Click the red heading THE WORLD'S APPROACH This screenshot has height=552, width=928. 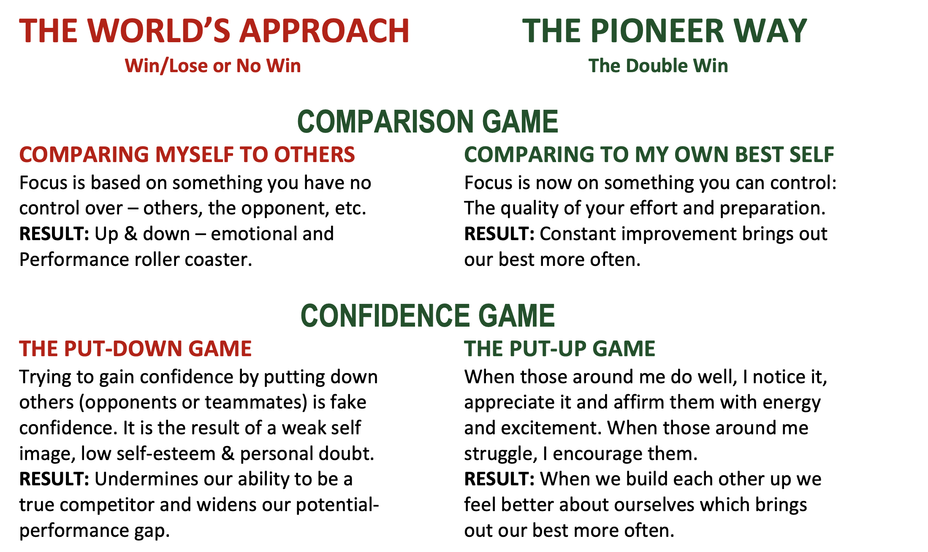pos(214,31)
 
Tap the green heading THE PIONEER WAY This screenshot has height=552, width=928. pos(665,31)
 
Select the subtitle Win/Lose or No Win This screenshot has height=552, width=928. pos(213,66)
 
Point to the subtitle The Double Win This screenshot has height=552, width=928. pos(658,66)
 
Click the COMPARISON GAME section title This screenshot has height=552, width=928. pos(428,122)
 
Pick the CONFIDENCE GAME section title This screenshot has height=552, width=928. pos(428,316)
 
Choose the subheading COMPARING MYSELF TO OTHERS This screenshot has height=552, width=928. pos(187,154)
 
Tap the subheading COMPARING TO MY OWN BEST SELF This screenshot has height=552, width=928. pos(649,154)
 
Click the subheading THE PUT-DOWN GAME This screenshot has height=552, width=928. pos(136,349)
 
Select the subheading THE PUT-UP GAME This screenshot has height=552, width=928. pos(560,349)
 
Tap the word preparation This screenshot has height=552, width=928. pos(773,208)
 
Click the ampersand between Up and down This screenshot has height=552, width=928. pos(131,234)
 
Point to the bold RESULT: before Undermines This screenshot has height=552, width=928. pos(54,479)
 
